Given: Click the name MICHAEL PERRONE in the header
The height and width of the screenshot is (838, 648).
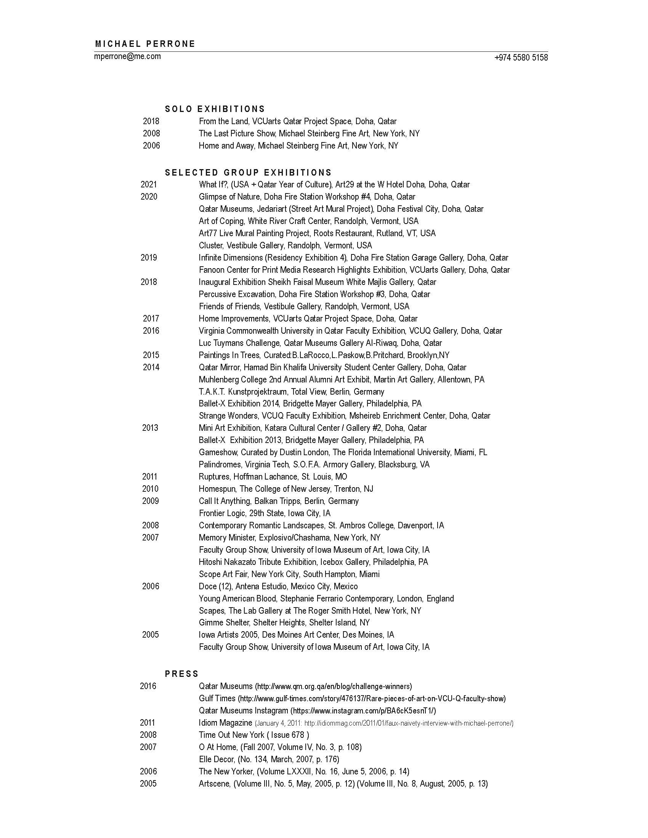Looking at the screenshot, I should tap(145, 44).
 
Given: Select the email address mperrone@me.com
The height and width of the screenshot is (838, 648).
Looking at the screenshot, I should tap(127, 57).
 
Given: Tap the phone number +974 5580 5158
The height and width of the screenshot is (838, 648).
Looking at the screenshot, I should tap(521, 58).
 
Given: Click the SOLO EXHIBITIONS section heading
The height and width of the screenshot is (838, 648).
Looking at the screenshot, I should tap(215, 109).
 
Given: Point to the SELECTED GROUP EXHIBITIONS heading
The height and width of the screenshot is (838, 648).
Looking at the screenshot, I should tap(249, 173).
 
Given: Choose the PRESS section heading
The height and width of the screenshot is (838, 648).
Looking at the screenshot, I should tap(181, 674).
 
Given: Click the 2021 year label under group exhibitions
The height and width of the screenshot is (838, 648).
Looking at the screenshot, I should tap(149, 185).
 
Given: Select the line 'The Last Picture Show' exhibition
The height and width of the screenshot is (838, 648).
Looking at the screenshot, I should tap(309, 134).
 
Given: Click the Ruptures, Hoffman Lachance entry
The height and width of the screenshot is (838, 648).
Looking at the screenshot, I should tap(273, 477).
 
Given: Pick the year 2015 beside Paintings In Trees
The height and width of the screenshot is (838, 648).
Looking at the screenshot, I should tap(151, 355).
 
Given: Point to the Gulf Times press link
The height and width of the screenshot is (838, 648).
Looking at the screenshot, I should tap(352, 698).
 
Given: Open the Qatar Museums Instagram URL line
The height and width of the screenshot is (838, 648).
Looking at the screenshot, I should tap(317, 711).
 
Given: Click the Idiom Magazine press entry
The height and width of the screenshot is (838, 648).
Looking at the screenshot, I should tap(356, 723).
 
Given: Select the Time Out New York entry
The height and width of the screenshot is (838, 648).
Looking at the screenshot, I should tap(254, 735).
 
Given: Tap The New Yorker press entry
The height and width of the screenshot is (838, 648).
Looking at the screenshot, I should tap(304, 771).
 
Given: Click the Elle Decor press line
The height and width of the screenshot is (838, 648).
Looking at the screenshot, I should tap(269, 759).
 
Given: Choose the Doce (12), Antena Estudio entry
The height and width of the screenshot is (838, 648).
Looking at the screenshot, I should tap(278, 586).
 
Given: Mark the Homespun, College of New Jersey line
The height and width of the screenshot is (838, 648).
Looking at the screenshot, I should tap(286, 489).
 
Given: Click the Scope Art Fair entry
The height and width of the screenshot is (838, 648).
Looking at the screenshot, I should tap(289, 574).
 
